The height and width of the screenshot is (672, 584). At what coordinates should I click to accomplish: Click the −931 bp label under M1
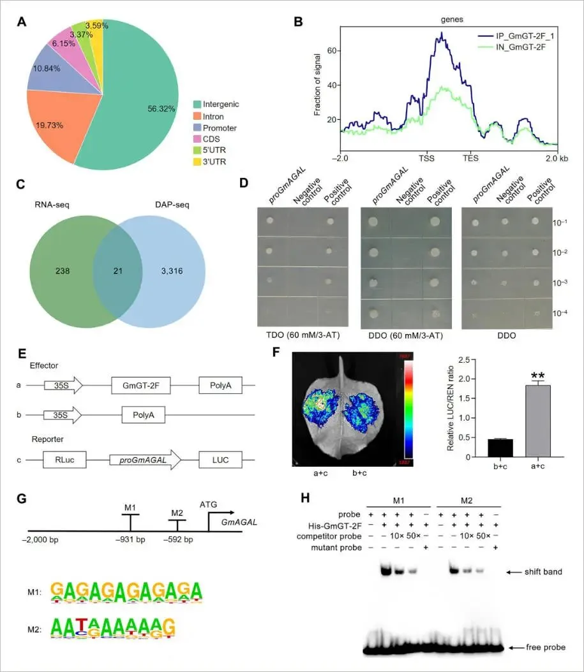tap(131, 539)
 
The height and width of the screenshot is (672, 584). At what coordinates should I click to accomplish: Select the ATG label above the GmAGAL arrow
tap(209, 504)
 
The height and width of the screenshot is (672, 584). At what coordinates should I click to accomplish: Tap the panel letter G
tap(22, 498)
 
